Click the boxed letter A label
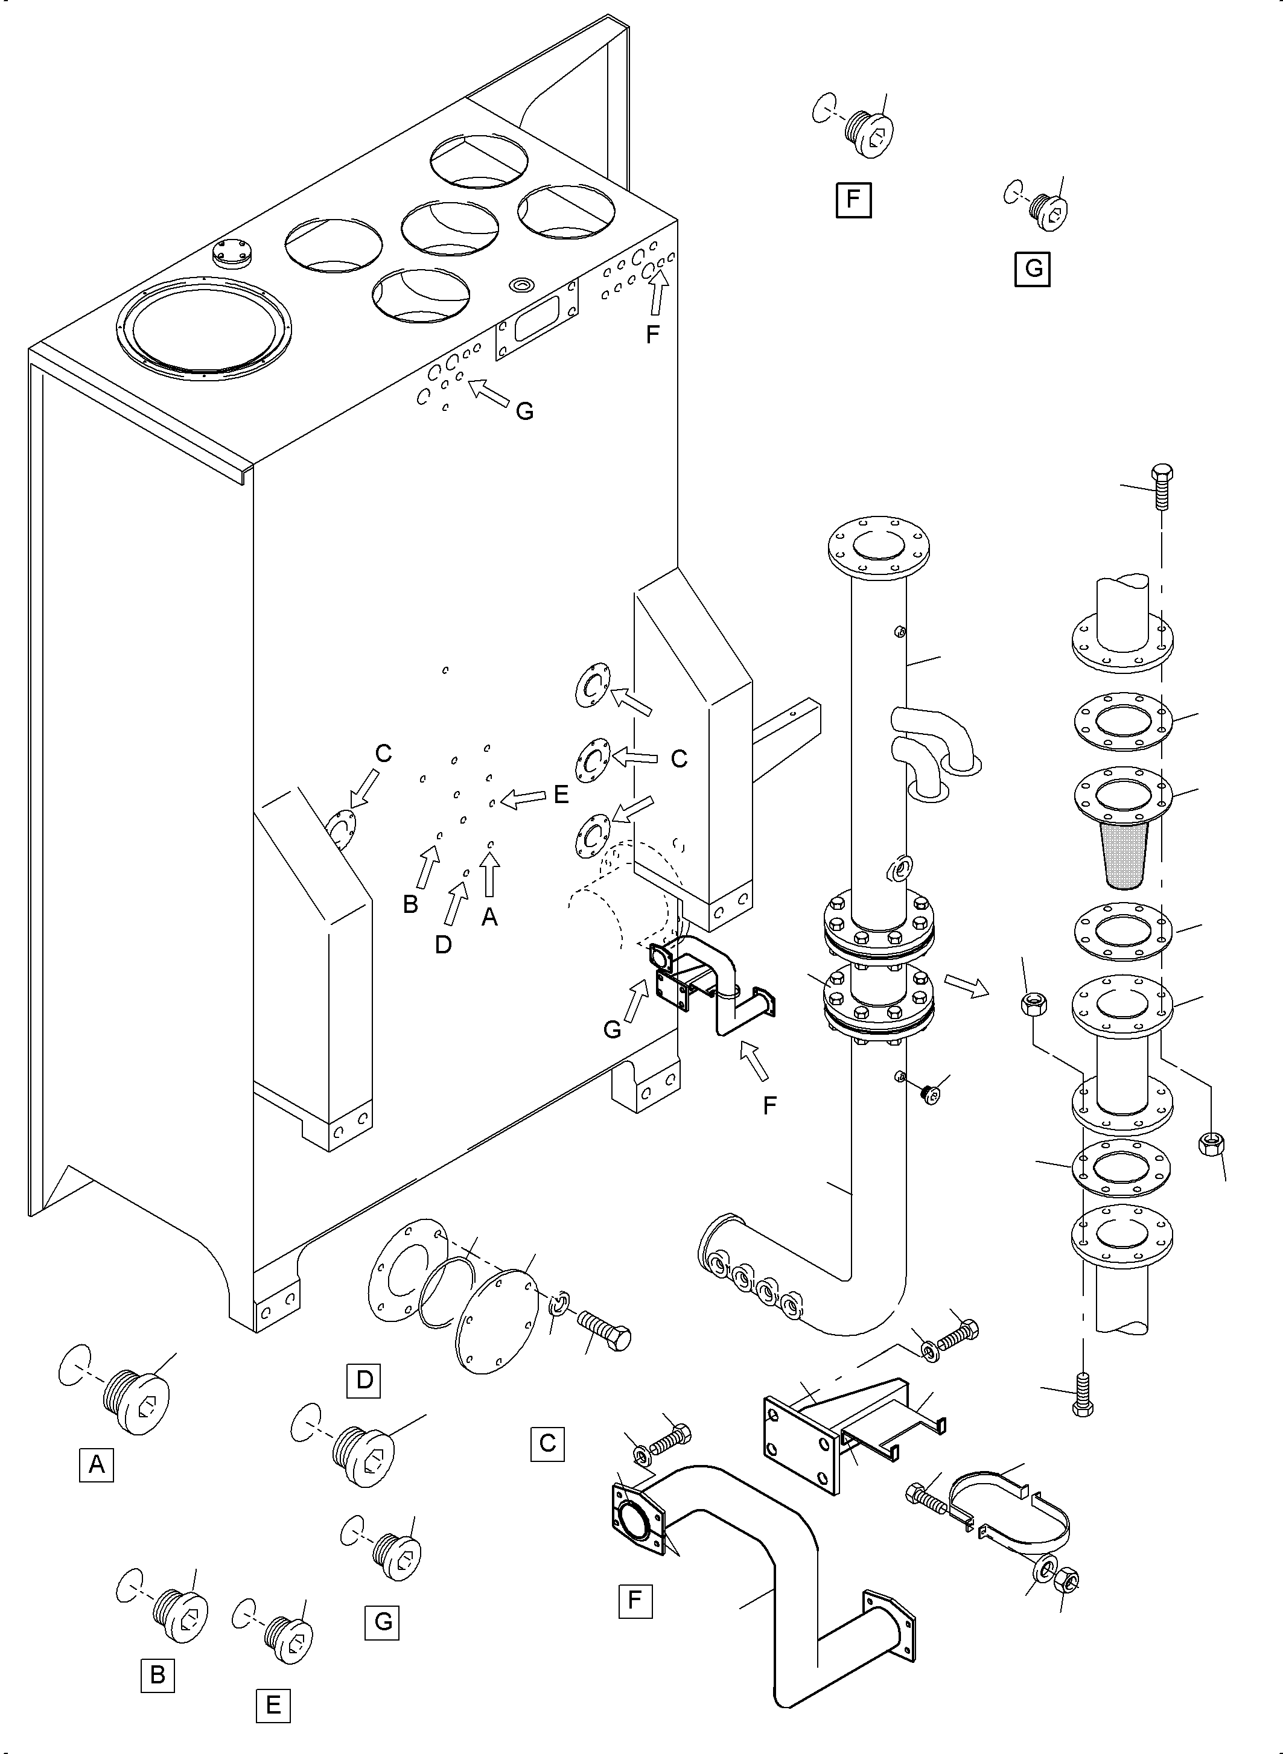[x=97, y=1464]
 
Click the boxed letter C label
[x=547, y=1443]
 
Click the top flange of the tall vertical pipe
[x=879, y=547]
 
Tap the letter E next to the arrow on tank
[x=560, y=794]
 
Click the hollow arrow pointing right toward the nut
[x=966, y=985]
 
